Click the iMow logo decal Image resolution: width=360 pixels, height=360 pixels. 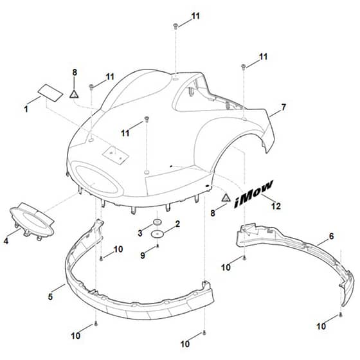click(254, 194)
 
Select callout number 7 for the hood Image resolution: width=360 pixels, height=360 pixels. click(283, 107)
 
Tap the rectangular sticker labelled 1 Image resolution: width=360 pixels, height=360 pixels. click(50, 93)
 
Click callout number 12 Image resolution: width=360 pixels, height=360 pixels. click(276, 206)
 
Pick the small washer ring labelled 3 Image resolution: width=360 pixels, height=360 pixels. click(157, 222)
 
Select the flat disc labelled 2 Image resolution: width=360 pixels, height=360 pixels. click(157, 234)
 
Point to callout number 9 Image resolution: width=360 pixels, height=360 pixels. click(143, 255)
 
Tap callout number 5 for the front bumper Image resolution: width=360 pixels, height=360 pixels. click(51, 296)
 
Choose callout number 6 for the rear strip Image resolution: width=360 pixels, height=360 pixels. click(331, 236)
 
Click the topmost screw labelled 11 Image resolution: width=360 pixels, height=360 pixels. click(175, 26)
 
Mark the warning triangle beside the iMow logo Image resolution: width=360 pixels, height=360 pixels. click(226, 198)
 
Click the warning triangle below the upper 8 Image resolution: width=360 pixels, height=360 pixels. click(74, 94)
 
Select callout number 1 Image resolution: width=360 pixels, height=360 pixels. click(26, 109)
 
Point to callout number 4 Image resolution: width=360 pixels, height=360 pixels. click(6, 241)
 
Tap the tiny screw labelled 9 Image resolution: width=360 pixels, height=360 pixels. click(157, 246)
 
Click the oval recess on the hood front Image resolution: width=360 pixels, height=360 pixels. click(96, 179)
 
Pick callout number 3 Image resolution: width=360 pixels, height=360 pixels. click(140, 233)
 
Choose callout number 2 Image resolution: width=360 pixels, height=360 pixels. click(177, 224)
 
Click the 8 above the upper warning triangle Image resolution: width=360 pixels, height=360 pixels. click(75, 72)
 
